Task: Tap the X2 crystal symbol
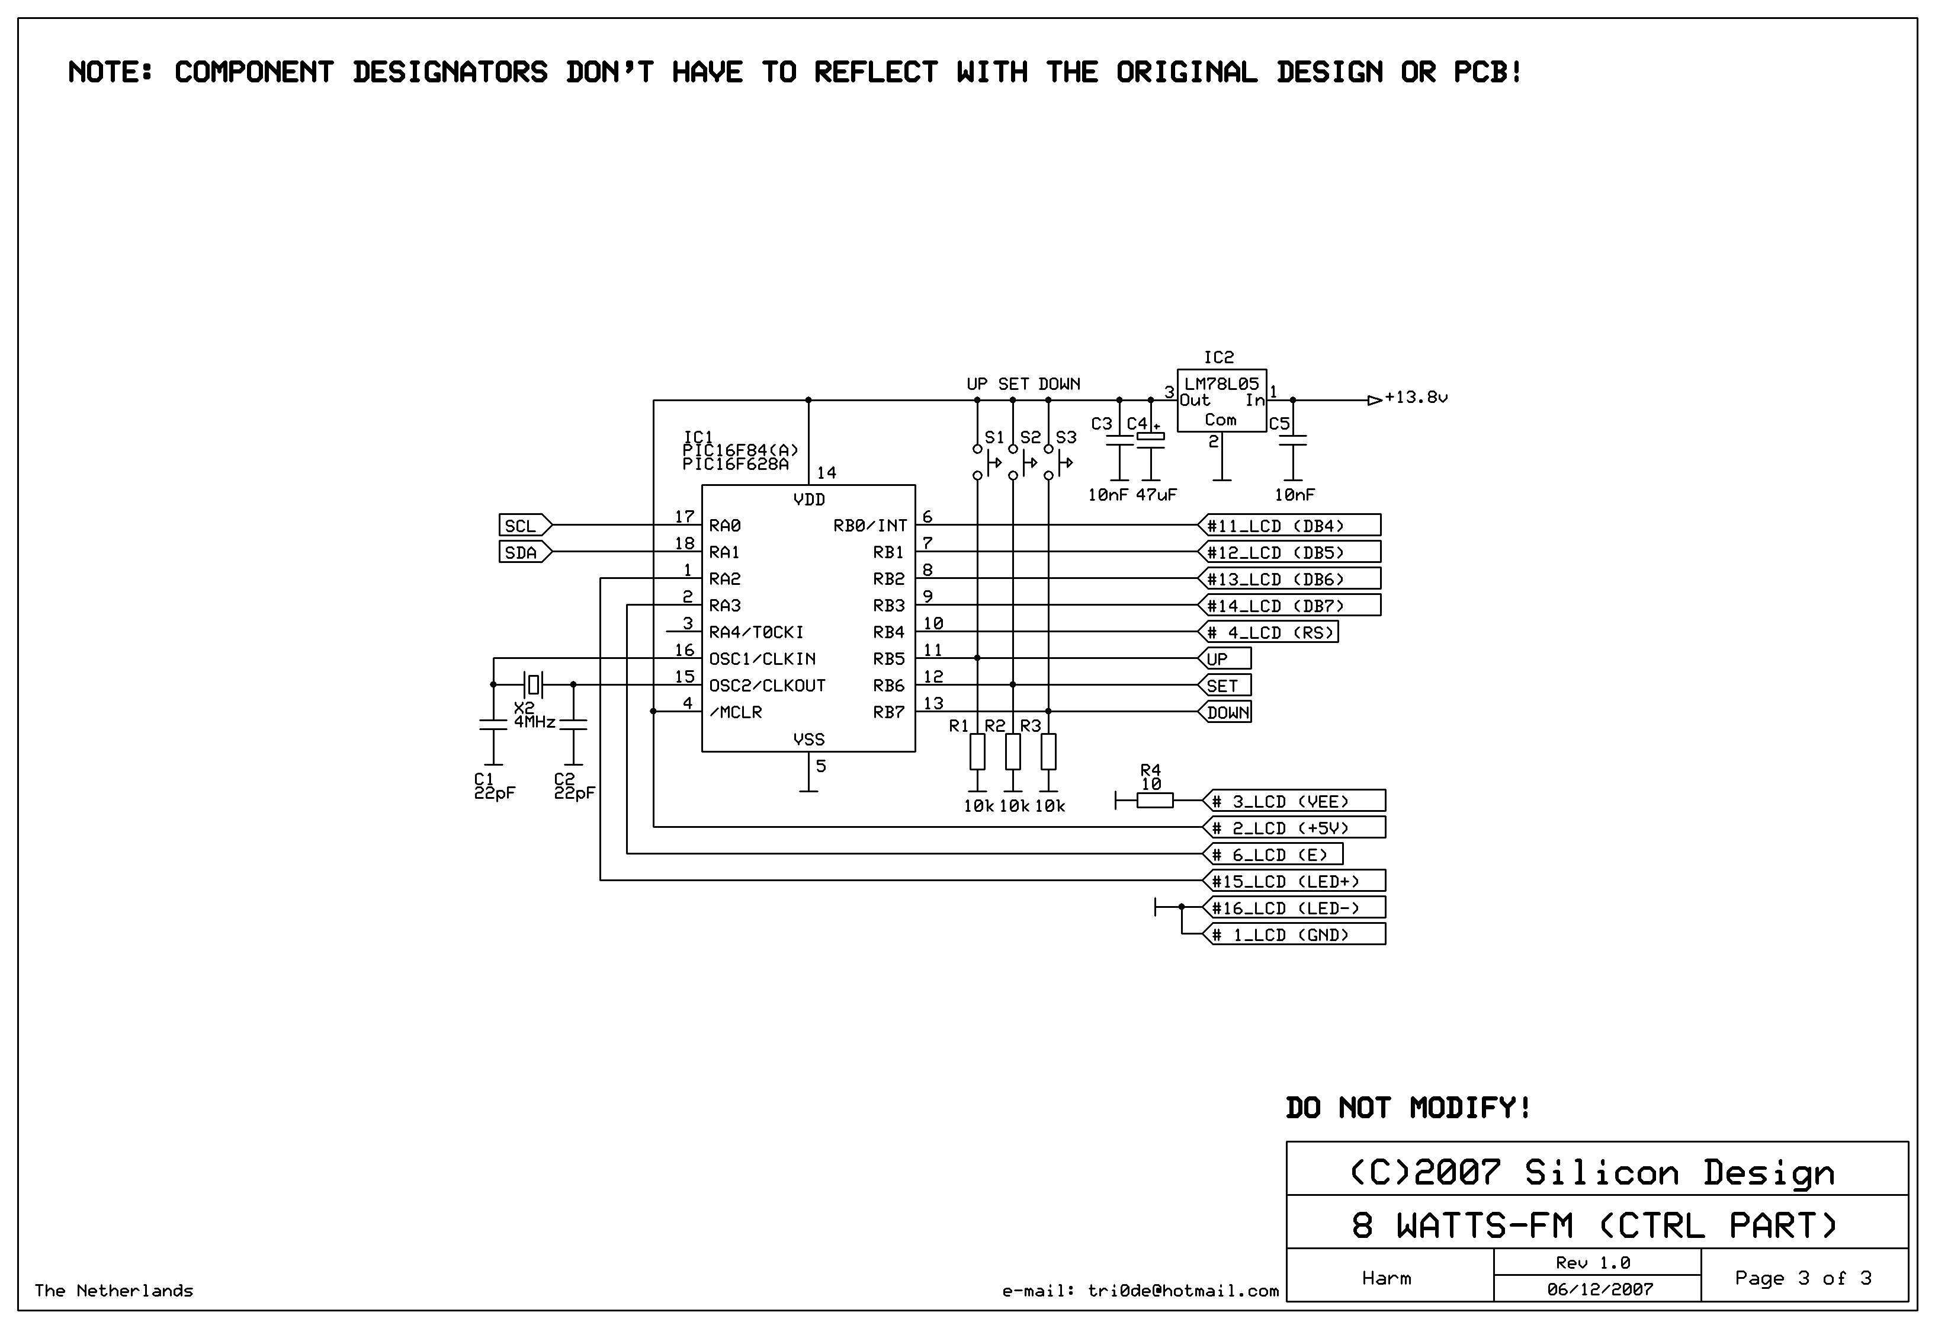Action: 534,685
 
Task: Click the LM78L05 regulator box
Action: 1221,401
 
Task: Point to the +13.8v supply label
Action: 1416,398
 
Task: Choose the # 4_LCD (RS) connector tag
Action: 1268,632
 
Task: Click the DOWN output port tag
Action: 1225,712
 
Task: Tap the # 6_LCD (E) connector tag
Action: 1272,854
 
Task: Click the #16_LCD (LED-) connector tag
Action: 1294,907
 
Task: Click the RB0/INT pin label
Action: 870,526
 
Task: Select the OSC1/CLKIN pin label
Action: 762,659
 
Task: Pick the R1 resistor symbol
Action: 977,751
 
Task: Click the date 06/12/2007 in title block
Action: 1599,1289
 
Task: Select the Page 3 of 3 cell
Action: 1802,1278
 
